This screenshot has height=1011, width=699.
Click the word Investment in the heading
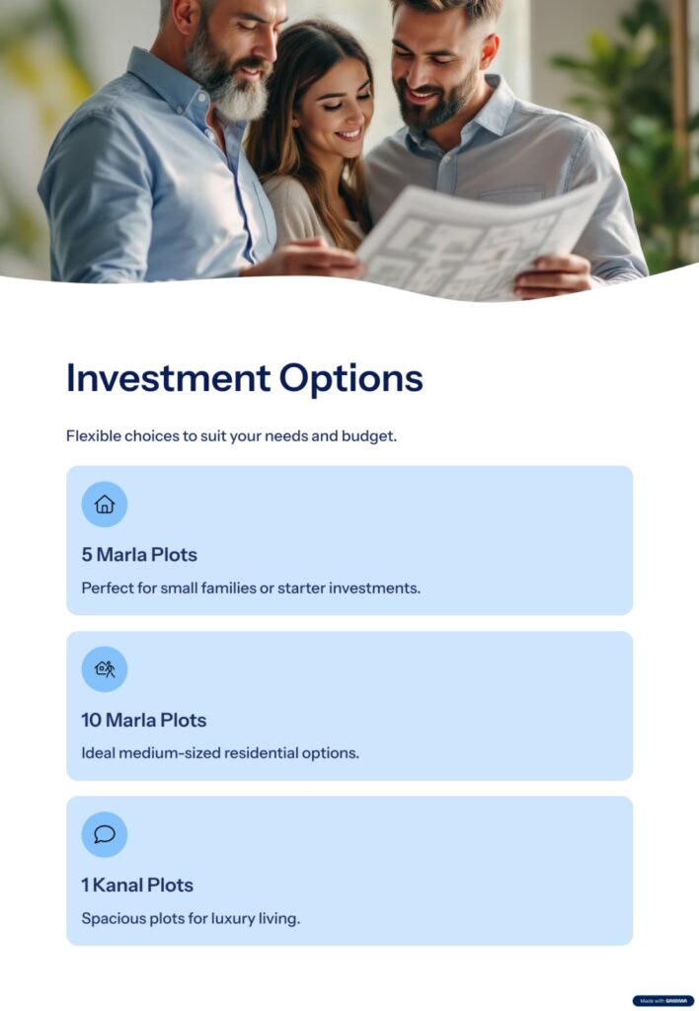(168, 378)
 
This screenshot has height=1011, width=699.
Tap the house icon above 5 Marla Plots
(105, 505)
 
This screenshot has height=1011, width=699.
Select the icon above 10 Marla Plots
(105, 669)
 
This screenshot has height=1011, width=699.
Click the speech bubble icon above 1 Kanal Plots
(105, 834)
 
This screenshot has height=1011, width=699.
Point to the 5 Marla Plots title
(139, 555)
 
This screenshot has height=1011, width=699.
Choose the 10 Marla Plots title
(144, 720)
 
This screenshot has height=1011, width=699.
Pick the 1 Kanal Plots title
(137, 885)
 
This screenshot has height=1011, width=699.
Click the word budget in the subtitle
(369, 436)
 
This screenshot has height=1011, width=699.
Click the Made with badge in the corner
(662, 1001)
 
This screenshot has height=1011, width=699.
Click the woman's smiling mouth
(349, 134)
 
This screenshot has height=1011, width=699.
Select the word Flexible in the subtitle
(94, 435)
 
